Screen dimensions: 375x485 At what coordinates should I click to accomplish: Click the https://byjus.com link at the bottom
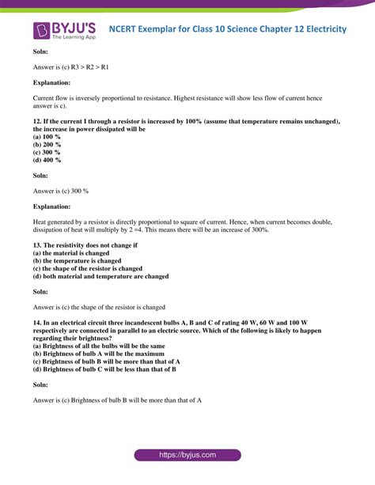[187, 455]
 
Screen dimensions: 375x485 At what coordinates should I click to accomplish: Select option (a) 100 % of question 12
[47, 137]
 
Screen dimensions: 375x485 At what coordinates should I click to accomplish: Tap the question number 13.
[37, 246]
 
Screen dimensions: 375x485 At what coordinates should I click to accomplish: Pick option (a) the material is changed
[80, 253]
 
